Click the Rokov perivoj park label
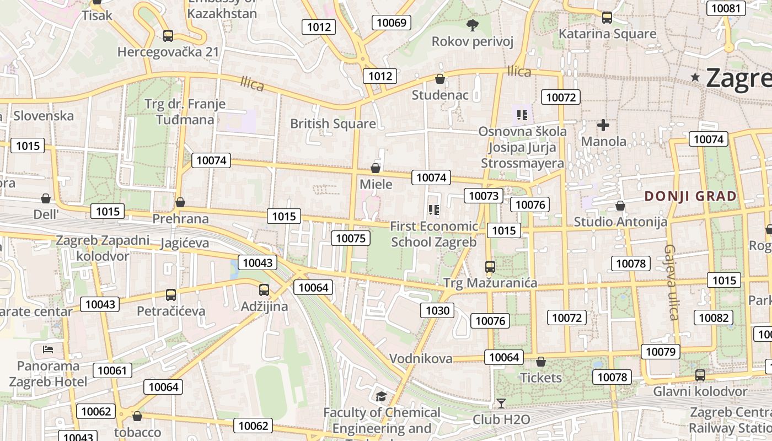[x=472, y=41]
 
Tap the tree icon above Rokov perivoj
[x=472, y=25]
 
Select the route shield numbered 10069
[x=391, y=23]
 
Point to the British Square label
[x=333, y=123]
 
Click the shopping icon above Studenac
[x=440, y=79]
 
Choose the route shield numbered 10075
[x=351, y=238]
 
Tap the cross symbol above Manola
[x=603, y=125]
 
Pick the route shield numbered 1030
[x=438, y=310]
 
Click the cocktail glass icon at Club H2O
[x=501, y=404]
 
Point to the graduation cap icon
[x=381, y=396]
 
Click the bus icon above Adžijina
[x=264, y=289]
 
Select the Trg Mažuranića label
[x=490, y=283]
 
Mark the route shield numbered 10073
[x=484, y=196]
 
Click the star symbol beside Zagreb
[x=696, y=78]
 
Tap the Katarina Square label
[x=607, y=34]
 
